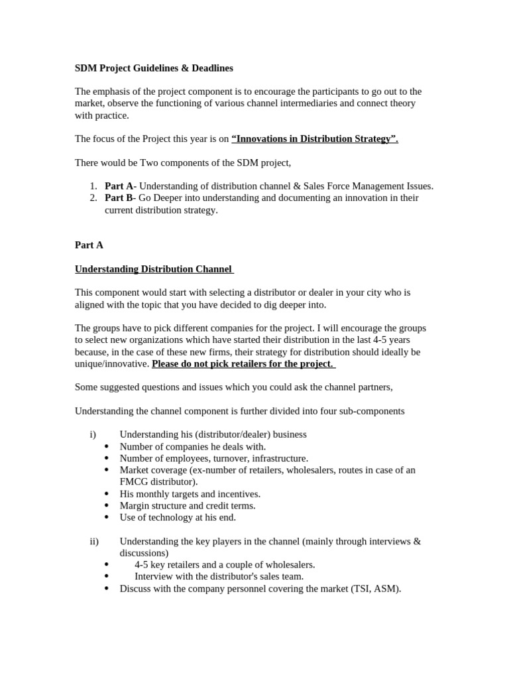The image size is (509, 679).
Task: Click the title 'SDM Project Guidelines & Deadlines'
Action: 154,68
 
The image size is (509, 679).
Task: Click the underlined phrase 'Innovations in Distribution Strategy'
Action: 314,139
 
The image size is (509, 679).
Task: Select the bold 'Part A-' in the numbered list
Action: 120,186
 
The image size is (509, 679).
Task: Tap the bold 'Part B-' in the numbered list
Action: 120,198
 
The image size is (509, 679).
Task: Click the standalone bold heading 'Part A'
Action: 89,245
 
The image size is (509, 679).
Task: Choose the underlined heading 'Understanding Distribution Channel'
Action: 153,269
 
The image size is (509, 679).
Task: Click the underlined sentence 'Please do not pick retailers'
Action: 243,363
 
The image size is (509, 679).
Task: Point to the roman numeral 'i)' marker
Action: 93,434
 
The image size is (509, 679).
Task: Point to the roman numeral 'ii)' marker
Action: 94,541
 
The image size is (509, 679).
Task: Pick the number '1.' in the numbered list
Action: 93,186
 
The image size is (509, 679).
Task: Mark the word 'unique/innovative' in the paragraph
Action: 111,363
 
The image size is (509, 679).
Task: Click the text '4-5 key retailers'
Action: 170,564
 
